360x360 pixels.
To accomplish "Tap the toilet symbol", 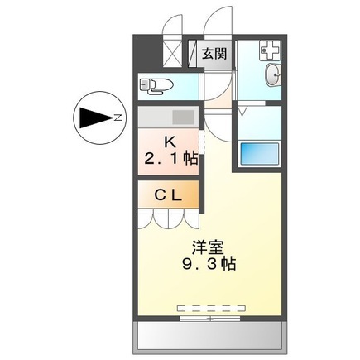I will pyautogui.click(x=155, y=84).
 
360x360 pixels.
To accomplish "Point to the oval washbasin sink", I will pyautogui.click(x=274, y=76).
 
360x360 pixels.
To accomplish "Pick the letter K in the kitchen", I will pyautogui.click(x=169, y=140).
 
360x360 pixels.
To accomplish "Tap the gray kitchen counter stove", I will pyautogui.click(x=169, y=117).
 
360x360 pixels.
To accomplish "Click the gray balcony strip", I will pyautogui.click(x=209, y=336).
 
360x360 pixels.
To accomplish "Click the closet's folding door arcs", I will pyautogui.click(x=169, y=219).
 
